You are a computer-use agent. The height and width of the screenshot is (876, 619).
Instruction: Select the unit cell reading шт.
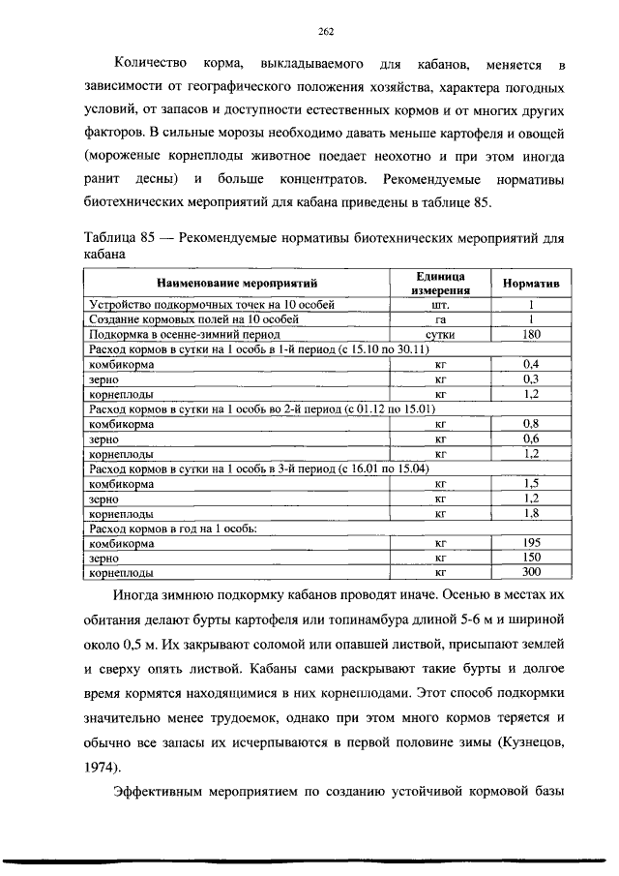[440, 304]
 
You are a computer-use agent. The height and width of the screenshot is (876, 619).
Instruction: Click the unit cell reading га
[440, 318]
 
